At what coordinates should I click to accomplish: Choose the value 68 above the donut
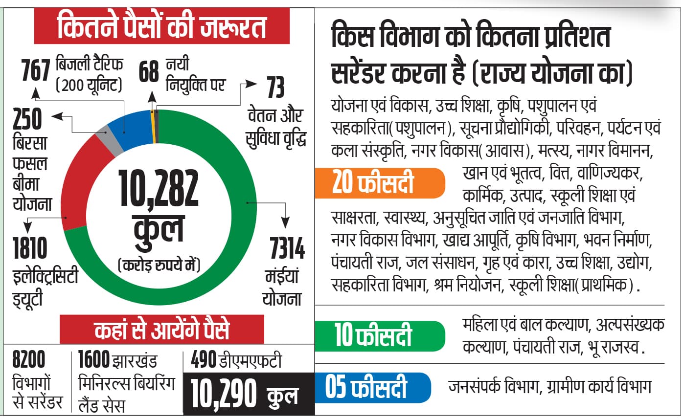coord(148,71)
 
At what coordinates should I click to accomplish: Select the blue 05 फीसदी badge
coord(372,388)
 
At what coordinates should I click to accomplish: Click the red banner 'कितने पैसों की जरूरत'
coord(161,27)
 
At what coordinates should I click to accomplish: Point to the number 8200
coord(29,361)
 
